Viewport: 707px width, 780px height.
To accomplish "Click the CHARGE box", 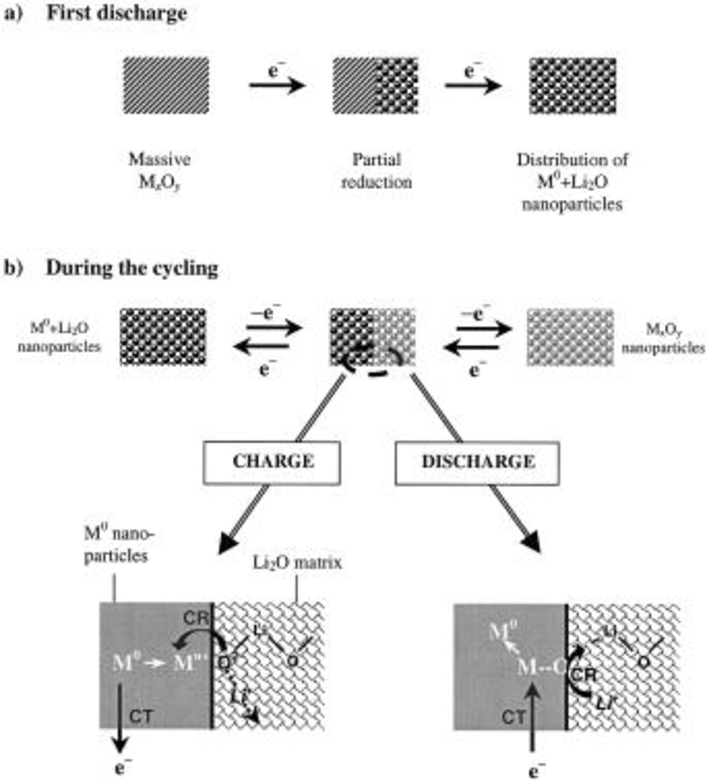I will click(271, 462).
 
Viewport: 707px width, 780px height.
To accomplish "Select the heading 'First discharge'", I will click(117, 13).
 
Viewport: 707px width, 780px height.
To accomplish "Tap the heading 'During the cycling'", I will click(132, 268).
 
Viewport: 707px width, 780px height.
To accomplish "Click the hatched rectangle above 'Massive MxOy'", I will click(166, 86).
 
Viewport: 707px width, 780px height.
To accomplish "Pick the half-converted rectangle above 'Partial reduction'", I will click(375, 86).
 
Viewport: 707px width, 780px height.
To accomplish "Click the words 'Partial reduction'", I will click(376, 171).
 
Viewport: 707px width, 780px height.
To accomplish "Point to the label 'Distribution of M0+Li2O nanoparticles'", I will click(572, 182).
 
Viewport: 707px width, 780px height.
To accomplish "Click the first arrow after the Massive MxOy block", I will click(276, 85).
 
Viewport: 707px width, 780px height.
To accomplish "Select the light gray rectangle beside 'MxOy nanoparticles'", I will click(570, 337).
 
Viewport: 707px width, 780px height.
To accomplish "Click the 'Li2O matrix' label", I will click(297, 563).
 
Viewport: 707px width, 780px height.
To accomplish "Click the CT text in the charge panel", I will click(141, 717).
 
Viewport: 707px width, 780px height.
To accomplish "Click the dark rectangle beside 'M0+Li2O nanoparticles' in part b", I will click(163, 337).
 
